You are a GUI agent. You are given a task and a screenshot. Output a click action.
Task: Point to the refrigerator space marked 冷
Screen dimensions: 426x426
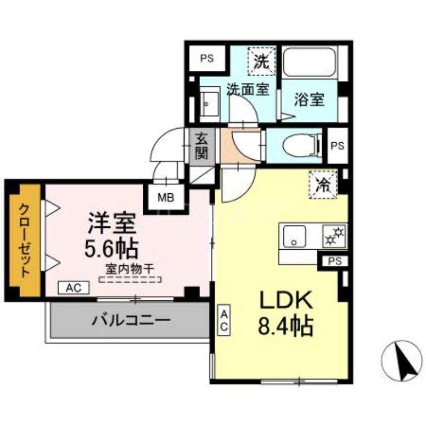click(x=323, y=184)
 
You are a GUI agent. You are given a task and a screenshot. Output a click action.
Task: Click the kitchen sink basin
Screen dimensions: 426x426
click(x=294, y=236)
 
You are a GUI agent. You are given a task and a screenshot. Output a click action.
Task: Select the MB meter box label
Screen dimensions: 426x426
click(x=165, y=198)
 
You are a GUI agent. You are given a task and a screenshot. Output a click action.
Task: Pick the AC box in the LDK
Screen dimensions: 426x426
click(x=225, y=319)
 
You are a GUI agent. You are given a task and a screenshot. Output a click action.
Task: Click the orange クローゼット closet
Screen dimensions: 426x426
click(x=24, y=240)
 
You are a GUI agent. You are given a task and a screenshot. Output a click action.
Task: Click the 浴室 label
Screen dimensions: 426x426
click(x=309, y=100)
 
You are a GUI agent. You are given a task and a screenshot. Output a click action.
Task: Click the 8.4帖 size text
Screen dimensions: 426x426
click(x=285, y=326)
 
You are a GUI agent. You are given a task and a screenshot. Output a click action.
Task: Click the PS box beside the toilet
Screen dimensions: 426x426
click(x=337, y=145)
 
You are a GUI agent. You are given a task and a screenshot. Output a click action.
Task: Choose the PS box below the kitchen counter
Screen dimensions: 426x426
click(x=334, y=261)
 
